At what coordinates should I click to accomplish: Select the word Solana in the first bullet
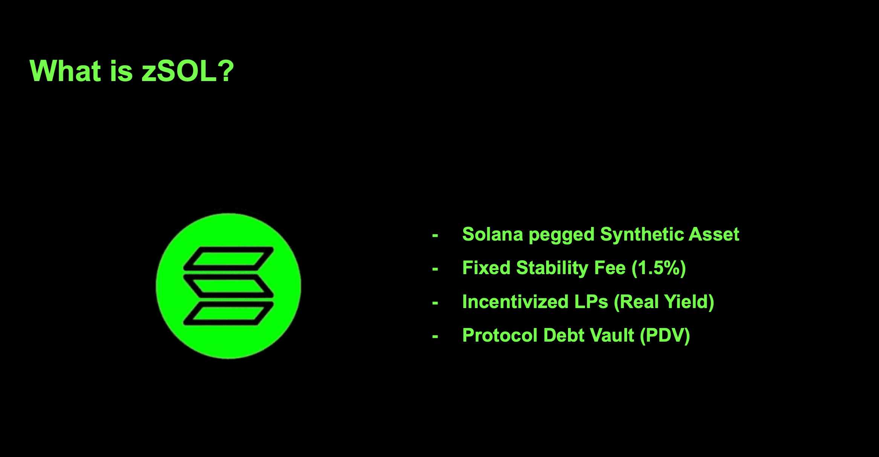pos(493,234)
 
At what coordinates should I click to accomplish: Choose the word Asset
pos(714,234)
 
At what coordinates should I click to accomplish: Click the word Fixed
pos(486,268)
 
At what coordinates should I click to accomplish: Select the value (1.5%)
pos(658,268)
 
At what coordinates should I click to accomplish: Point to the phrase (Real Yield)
pos(664,302)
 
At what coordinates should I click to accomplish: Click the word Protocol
pos(500,335)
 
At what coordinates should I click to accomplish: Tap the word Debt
pos(564,335)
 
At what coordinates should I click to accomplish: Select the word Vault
pos(612,335)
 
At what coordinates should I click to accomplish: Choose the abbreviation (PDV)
pos(665,336)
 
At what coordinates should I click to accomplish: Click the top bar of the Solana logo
pos(228,259)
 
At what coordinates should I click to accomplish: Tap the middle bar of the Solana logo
pos(228,286)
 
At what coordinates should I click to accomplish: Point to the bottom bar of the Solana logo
pos(228,313)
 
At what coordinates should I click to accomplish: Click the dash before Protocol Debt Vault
pos(435,336)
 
